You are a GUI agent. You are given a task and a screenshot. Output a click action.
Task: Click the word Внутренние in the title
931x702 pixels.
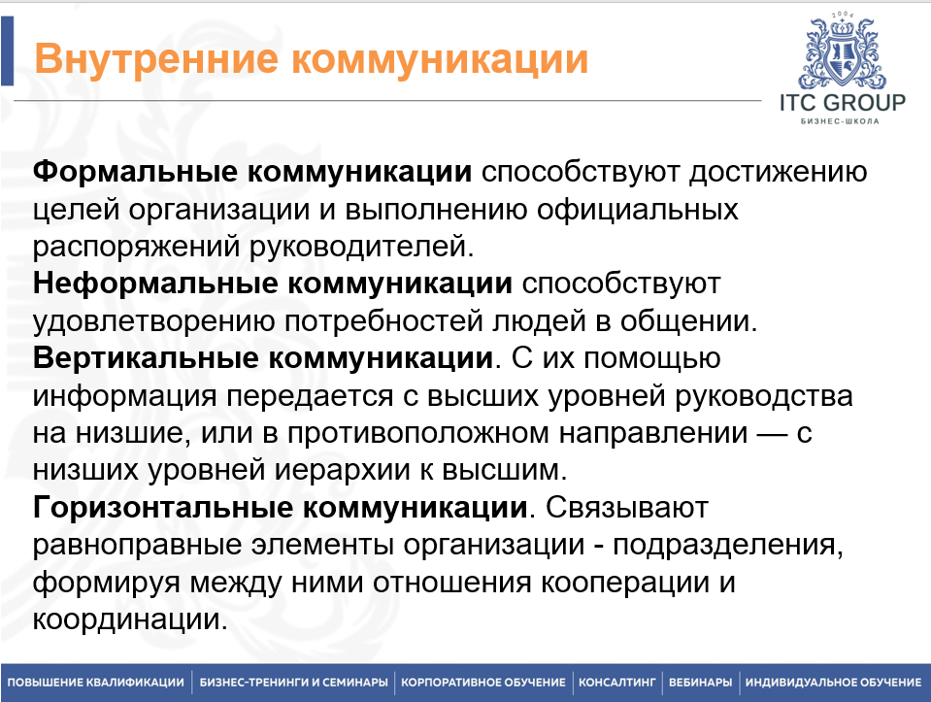tap(156, 59)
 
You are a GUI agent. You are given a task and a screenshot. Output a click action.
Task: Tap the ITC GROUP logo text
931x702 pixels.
tap(843, 103)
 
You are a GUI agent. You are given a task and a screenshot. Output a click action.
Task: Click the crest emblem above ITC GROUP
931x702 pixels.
tap(843, 52)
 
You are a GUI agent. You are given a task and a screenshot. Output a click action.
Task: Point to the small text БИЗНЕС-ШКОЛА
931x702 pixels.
tap(840, 121)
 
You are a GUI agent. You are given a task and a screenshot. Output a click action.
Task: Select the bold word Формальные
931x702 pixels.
tap(135, 172)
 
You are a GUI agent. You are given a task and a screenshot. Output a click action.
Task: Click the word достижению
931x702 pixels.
tap(778, 173)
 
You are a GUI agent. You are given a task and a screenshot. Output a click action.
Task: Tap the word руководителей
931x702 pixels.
tap(361, 247)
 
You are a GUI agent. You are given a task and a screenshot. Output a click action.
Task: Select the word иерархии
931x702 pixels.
tap(342, 471)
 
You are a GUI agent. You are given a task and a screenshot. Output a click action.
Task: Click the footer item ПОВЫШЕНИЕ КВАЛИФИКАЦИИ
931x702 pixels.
tap(95, 683)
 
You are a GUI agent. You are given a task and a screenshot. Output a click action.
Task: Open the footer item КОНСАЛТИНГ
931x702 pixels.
tap(616, 683)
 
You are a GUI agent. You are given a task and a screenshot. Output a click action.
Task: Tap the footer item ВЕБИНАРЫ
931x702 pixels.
tap(701, 683)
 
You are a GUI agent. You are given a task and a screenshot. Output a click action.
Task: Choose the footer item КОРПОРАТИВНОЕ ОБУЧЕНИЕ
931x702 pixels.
tap(483, 683)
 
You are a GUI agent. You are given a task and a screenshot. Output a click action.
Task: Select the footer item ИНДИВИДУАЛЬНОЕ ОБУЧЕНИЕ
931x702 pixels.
tap(833, 683)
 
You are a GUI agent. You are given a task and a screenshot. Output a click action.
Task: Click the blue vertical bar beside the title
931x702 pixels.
tap(7, 51)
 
